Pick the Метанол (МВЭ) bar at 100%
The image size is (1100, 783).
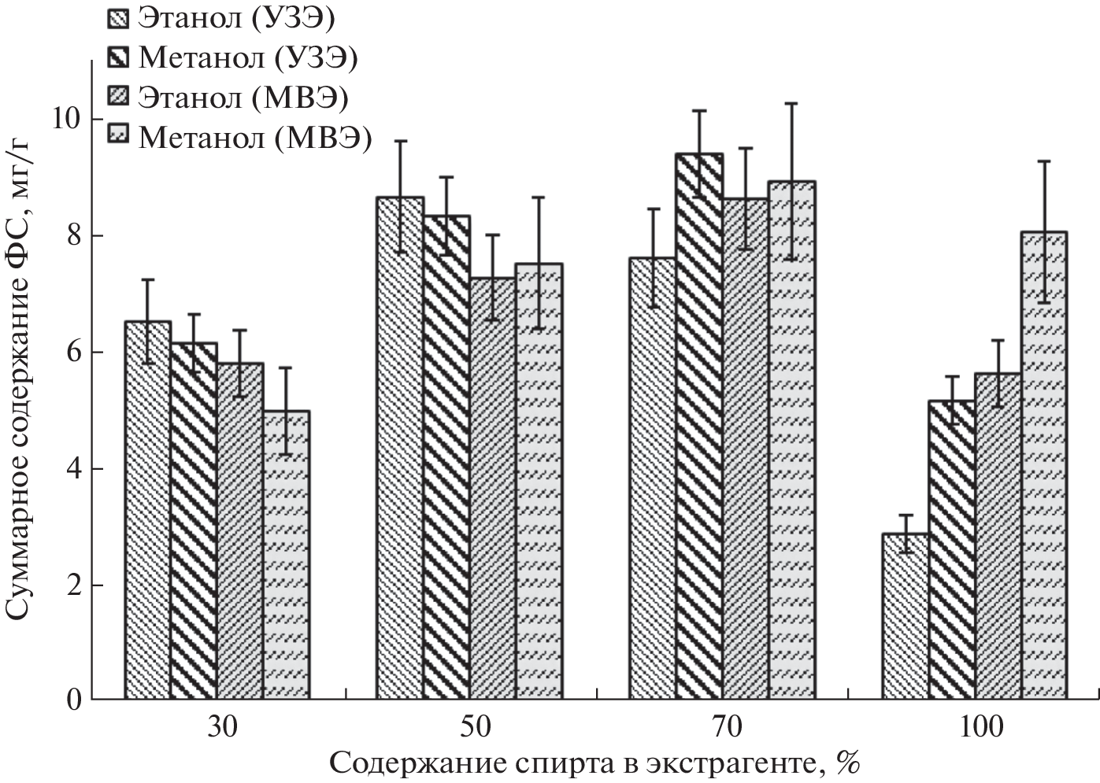coord(1044,465)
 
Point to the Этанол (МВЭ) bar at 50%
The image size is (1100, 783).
coord(493,488)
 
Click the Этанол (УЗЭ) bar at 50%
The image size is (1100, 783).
coord(400,448)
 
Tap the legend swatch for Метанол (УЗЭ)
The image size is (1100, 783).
coord(116,58)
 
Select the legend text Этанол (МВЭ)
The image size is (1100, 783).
coord(243,98)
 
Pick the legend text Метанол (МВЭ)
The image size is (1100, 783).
coord(254,138)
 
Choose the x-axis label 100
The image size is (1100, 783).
coord(981,728)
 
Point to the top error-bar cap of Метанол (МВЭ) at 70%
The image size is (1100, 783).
coord(792,103)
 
